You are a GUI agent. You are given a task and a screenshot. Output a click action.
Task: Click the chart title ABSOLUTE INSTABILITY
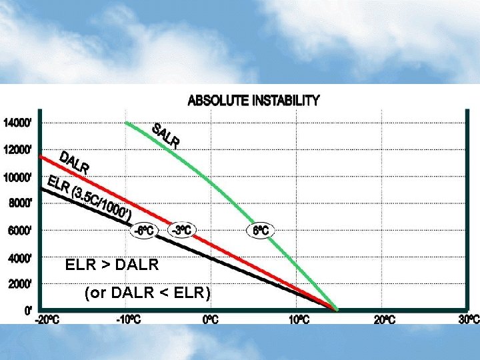click(253, 101)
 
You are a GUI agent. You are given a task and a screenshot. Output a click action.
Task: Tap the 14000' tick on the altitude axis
click(17, 123)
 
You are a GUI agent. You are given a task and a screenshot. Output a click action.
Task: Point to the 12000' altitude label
click(17, 149)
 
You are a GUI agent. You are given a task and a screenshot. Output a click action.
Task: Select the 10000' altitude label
click(17, 177)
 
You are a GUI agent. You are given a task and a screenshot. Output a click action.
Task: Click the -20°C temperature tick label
click(47, 319)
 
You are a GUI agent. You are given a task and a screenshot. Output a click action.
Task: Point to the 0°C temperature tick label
click(211, 319)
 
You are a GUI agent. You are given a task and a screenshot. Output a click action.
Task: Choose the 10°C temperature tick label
click(299, 319)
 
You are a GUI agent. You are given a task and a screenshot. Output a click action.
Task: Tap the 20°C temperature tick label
click(384, 319)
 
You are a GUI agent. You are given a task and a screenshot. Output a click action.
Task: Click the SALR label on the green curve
click(166, 136)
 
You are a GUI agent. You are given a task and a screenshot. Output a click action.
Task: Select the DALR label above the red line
click(74, 163)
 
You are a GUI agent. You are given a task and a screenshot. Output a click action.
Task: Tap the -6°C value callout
click(144, 230)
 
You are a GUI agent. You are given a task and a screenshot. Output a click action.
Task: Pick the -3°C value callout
click(182, 230)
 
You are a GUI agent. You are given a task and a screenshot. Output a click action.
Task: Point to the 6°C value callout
click(261, 230)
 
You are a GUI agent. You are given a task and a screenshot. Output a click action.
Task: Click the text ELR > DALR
click(112, 265)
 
